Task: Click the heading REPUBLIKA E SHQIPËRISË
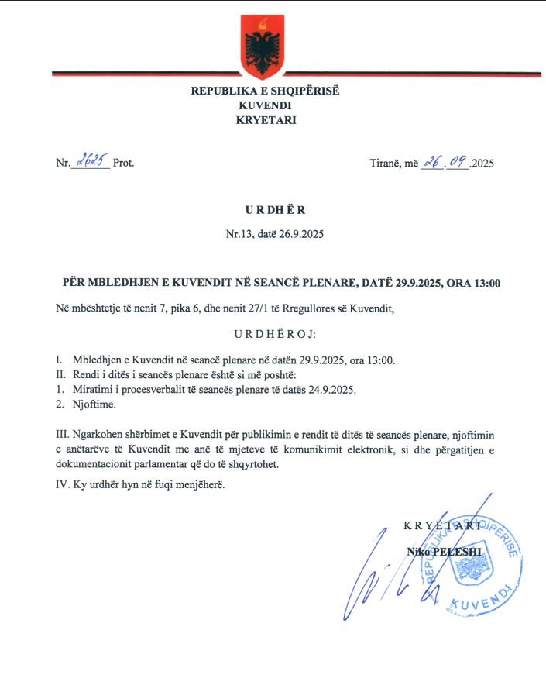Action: point(266,91)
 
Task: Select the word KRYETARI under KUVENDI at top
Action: point(266,120)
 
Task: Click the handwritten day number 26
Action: point(431,162)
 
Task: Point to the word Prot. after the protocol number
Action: point(123,164)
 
